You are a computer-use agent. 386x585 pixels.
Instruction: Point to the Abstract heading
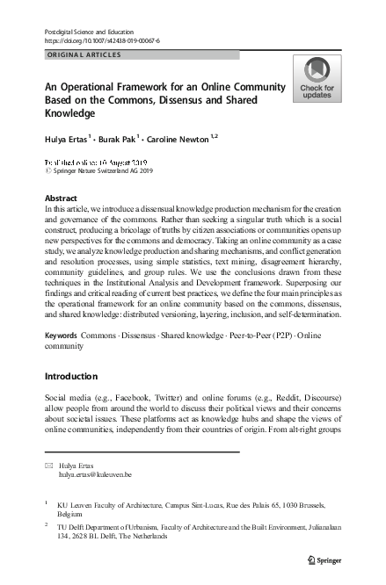[x=60, y=199]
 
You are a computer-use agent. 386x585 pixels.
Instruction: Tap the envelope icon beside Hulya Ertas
[x=47, y=465]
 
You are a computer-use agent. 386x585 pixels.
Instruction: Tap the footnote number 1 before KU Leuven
[x=47, y=502]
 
